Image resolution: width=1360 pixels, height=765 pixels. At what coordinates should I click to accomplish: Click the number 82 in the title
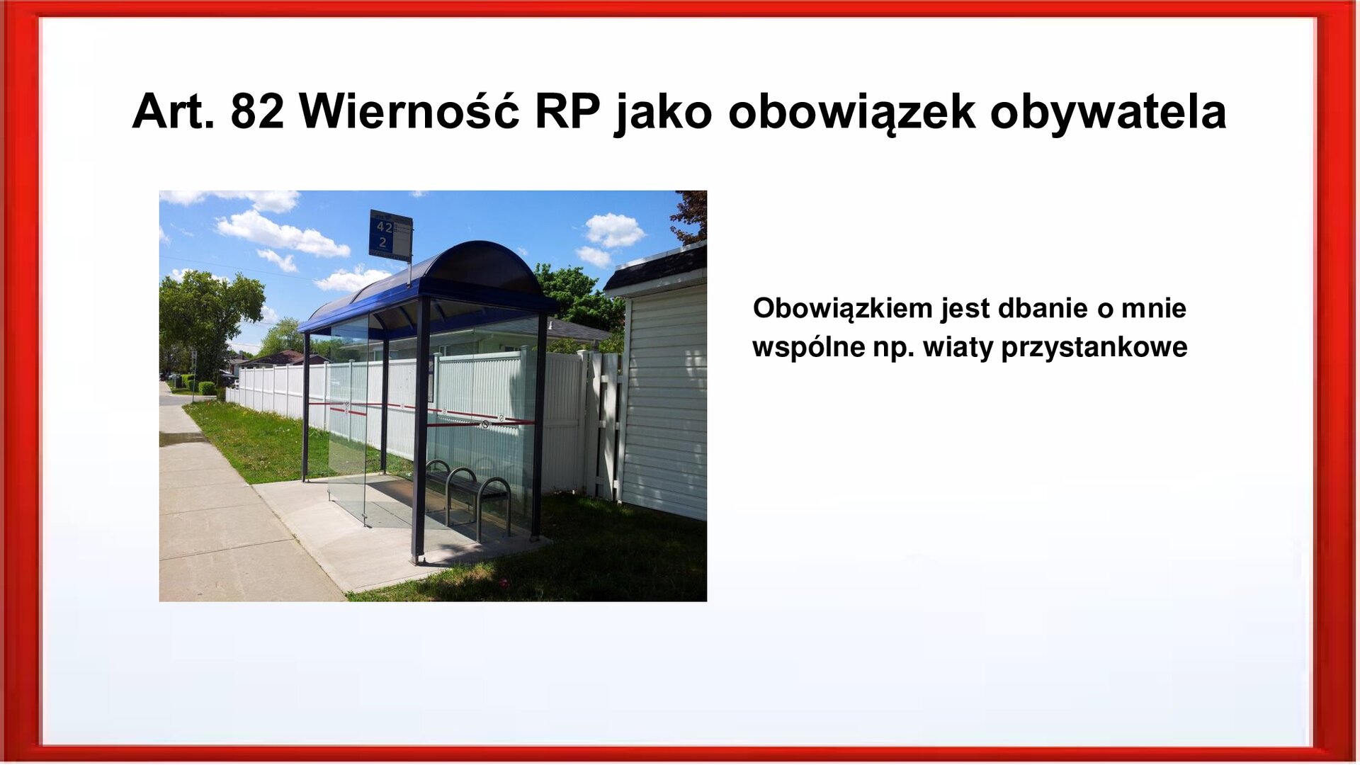[x=257, y=112]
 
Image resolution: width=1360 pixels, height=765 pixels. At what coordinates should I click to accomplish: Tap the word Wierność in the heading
[x=409, y=112]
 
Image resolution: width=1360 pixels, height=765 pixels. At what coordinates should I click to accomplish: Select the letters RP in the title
[x=567, y=112]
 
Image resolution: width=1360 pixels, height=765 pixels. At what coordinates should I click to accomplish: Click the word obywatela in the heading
[x=1108, y=112]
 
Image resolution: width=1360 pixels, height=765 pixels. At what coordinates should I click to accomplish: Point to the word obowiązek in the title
[x=851, y=112]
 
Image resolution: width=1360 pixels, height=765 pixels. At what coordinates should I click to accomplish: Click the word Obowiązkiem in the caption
[x=842, y=309]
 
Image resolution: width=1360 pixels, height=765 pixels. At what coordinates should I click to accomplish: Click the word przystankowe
[x=1094, y=348]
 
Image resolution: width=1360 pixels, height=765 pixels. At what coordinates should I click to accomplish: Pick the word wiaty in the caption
[x=958, y=348]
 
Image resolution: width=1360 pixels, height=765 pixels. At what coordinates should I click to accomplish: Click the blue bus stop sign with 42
[x=390, y=235]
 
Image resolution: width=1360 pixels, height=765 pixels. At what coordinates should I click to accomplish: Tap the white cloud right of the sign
[x=613, y=230]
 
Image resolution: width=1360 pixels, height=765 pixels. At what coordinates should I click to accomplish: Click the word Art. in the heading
[x=173, y=112]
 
